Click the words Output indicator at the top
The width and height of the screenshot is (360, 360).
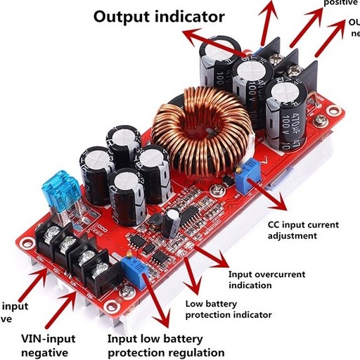(160, 16)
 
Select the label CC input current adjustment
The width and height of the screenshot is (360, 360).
(303, 231)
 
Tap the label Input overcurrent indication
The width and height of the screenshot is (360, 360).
(269, 279)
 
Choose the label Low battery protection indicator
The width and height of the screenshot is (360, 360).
(228, 309)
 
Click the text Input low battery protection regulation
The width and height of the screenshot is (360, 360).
(166, 345)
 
